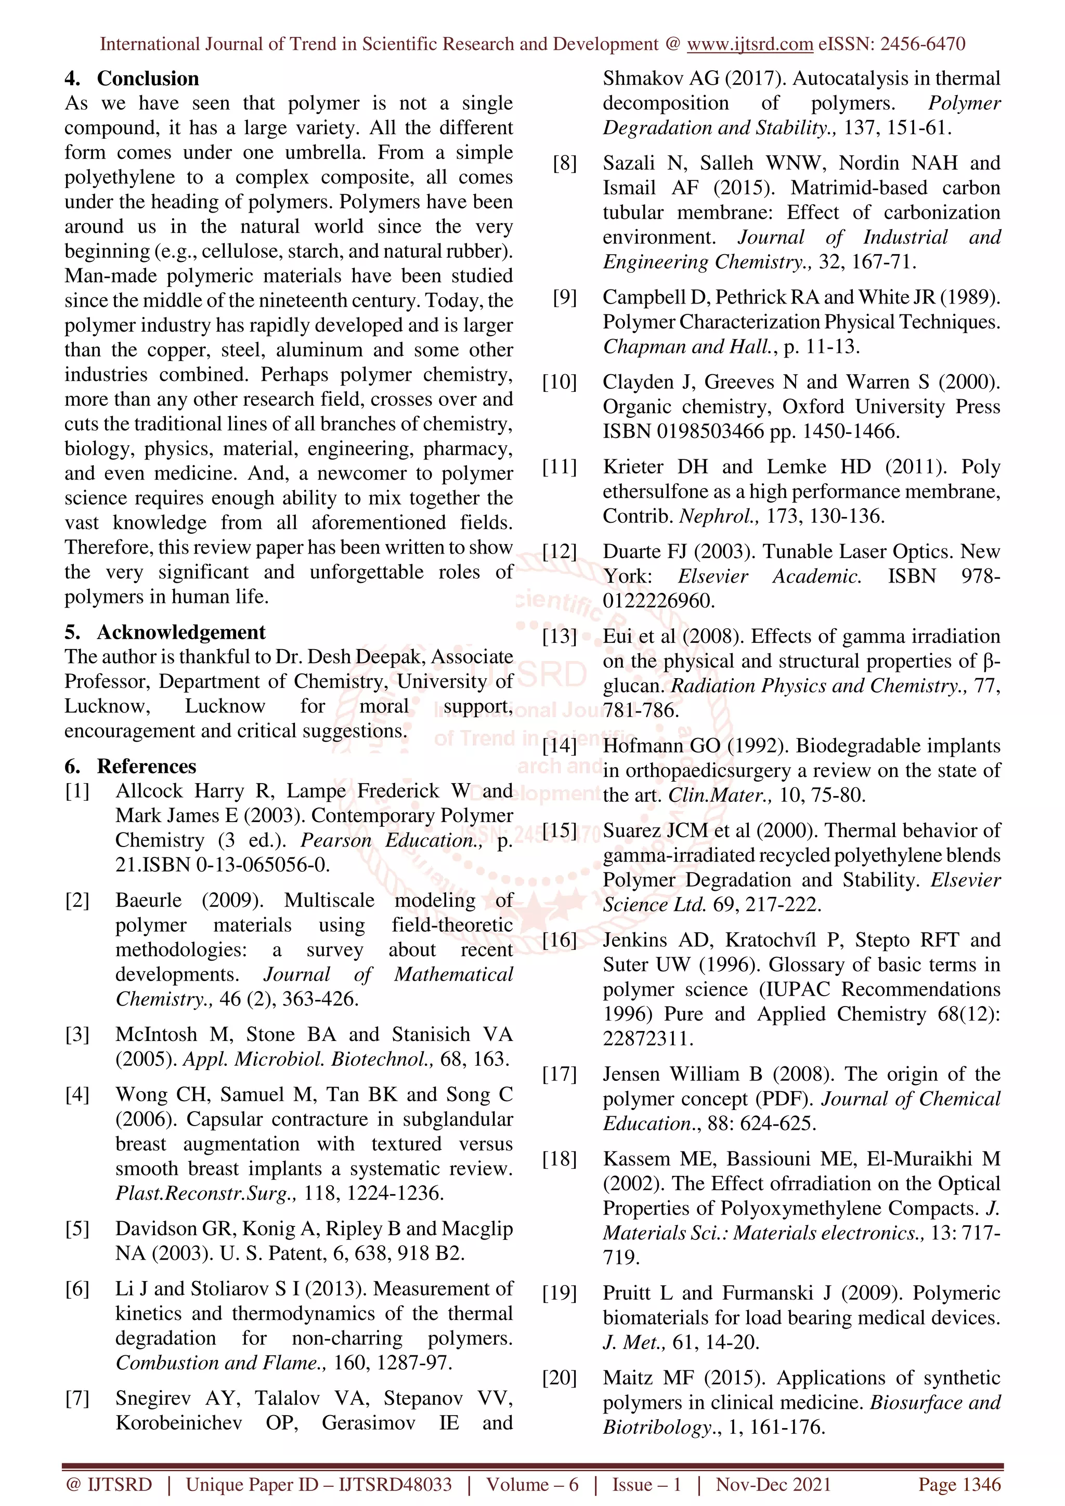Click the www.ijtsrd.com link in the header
pos(749,44)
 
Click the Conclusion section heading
pos(148,78)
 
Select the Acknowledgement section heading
pos(181,632)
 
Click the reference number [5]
pos(77,1228)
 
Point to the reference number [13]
pos(559,636)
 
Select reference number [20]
pos(559,1378)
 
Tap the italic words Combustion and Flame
pos(220,1363)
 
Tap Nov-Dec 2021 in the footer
pos(773,1484)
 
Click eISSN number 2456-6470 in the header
pos(922,44)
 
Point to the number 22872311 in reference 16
pos(647,1039)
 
